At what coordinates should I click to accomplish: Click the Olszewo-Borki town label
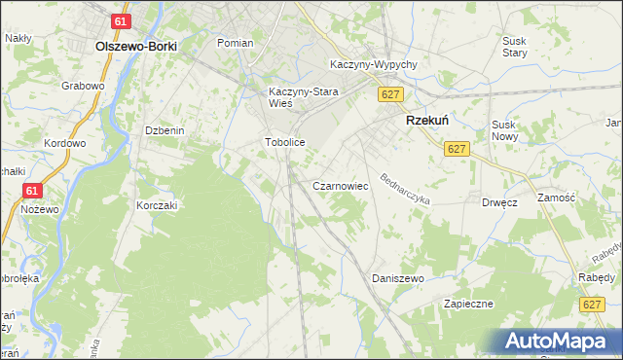pos(133,45)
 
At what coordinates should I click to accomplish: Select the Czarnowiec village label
pos(339,185)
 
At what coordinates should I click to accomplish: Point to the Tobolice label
pos(285,142)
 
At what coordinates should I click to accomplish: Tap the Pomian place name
pos(235,44)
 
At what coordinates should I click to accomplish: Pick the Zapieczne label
pos(469,304)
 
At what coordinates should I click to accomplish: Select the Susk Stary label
pos(514,47)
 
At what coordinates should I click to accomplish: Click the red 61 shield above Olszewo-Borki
pos(121,21)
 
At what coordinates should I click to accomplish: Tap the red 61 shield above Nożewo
pos(33,192)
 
